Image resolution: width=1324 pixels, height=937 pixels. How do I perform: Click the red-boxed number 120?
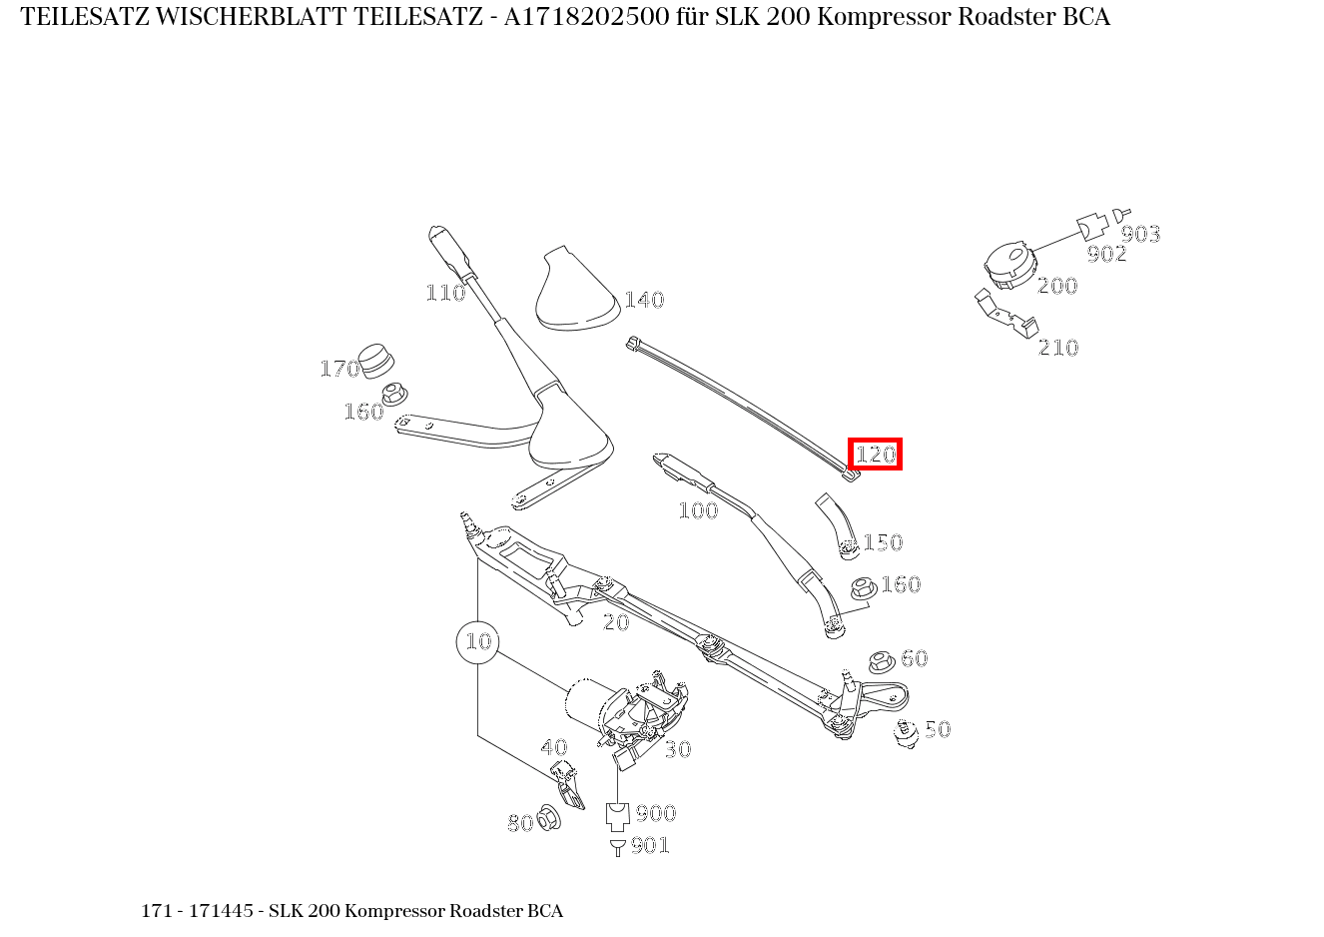(876, 455)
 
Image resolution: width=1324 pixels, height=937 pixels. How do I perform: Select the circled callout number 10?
(478, 641)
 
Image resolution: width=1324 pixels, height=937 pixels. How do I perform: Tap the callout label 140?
(644, 300)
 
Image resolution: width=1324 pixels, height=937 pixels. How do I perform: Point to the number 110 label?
(445, 293)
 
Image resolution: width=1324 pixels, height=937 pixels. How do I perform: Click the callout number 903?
(1140, 235)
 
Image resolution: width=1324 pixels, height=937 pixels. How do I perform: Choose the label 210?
(1058, 348)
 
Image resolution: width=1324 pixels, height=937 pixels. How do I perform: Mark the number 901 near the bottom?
(650, 846)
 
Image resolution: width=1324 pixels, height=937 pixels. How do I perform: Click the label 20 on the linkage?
(616, 622)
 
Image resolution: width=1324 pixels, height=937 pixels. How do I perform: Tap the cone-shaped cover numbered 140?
(577, 291)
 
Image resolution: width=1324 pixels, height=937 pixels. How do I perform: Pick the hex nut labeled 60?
(881, 661)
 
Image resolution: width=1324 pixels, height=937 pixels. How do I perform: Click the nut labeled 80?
(548, 818)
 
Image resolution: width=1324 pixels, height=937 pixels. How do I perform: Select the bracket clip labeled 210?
(1005, 312)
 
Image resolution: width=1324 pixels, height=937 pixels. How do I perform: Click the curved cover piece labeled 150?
(837, 522)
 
